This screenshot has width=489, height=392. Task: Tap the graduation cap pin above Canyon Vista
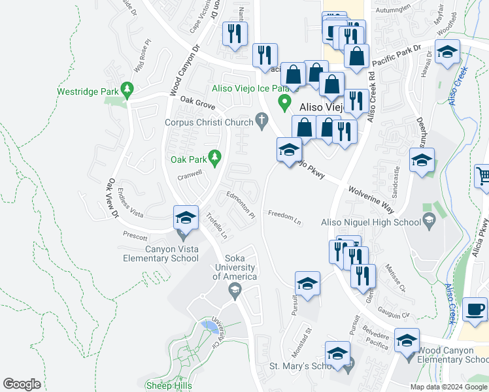click(186, 219)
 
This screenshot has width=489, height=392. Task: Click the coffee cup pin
click(475, 310)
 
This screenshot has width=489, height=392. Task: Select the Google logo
click(22, 384)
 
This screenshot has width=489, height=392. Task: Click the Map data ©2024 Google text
click(448, 387)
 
